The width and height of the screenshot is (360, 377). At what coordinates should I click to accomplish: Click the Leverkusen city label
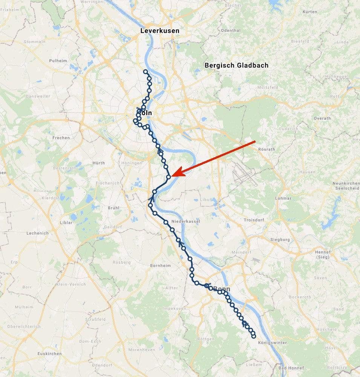click(159, 31)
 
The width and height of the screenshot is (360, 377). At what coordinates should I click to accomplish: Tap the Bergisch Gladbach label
click(236, 65)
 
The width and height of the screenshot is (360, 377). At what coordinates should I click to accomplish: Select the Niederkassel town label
click(185, 221)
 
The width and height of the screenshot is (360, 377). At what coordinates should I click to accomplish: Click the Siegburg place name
click(280, 239)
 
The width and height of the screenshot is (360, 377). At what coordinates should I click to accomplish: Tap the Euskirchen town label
click(49, 354)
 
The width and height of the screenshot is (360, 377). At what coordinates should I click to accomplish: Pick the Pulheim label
click(58, 60)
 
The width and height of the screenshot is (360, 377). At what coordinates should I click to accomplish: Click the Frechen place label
click(61, 138)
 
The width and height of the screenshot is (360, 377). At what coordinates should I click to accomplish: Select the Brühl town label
click(113, 208)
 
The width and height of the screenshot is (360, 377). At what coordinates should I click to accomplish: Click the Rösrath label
click(267, 149)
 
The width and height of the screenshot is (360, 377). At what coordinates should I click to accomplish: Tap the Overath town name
click(322, 118)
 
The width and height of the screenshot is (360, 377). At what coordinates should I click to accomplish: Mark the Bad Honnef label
click(290, 368)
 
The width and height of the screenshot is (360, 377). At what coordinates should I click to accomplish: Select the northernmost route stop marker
click(146, 72)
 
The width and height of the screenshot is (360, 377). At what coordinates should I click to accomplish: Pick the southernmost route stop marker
click(254, 336)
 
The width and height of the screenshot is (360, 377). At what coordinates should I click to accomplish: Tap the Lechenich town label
click(38, 233)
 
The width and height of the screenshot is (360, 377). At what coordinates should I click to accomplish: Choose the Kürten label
click(309, 12)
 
